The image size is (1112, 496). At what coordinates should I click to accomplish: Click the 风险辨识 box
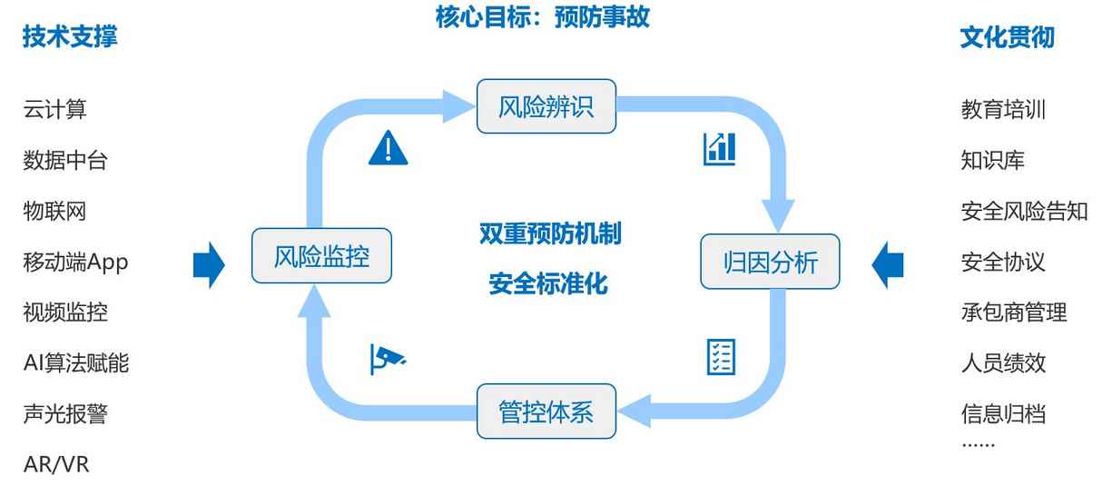click(x=546, y=106)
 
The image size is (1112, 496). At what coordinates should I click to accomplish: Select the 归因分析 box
click(x=770, y=263)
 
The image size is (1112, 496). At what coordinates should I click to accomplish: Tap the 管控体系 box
click(x=546, y=412)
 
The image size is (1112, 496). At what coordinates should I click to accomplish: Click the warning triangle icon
click(x=389, y=147)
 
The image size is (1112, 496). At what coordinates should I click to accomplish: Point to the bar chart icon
click(x=720, y=148)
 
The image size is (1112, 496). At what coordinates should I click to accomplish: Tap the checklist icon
click(x=721, y=357)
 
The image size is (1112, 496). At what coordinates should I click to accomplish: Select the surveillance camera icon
click(x=388, y=358)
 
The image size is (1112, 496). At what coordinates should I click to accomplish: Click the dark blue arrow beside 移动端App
click(x=209, y=264)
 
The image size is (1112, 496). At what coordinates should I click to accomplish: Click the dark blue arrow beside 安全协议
click(x=888, y=264)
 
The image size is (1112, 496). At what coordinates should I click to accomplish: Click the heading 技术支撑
click(x=70, y=37)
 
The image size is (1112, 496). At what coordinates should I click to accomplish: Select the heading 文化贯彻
click(x=1007, y=38)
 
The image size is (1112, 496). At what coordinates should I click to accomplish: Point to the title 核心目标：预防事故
click(x=543, y=16)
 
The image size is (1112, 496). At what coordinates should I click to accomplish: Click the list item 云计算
click(x=54, y=110)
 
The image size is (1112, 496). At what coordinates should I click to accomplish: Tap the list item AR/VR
click(x=56, y=464)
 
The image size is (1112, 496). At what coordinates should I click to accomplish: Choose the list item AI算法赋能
click(x=76, y=363)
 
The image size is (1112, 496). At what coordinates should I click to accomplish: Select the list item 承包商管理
click(x=1014, y=312)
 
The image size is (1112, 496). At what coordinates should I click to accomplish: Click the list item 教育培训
click(x=1003, y=110)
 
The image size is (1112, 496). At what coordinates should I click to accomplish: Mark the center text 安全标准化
click(x=548, y=283)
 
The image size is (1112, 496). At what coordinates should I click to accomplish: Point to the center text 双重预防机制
click(x=550, y=233)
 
